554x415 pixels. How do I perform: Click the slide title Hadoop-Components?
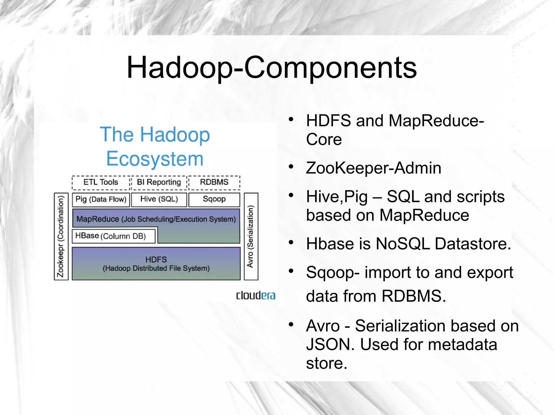pyautogui.click(x=272, y=68)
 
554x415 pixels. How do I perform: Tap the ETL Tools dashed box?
pyautogui.click(x=101, y=182)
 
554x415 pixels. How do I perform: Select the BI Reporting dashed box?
pyautogui.click(x=159, y=182)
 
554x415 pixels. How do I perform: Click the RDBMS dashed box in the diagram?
pyautogui.click(x=214, y=182)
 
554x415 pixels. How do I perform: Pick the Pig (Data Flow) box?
pyautogui.click(x=101, y=200)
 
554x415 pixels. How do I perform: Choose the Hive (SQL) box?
pyautogui.click(x=159, y=200)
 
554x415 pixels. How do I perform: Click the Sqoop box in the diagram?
pyautogui.click(x=214, y=200)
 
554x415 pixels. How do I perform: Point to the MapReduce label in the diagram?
pyautogui.click(x=98, y=219)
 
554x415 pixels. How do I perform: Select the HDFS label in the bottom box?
pyautogui.click(x=156, y=260)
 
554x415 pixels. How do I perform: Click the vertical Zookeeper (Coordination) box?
pyautogui.click(x=61, y=237)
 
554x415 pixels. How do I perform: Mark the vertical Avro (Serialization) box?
pyautogui.click(x=251, y=237)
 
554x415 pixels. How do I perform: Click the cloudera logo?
pyautogui.click(x=256, y=295)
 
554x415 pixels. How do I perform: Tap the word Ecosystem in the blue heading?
pyautogui.click(x=155, y=159)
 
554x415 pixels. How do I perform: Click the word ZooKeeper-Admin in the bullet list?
pyautogui.click(x=373, y=168)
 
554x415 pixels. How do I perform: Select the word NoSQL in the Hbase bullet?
pyautogui.click(x=403, y=244)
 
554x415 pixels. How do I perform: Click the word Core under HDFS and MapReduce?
pyautogui.click(x=324, y=140)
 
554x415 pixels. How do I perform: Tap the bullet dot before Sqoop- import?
pyautogui.click(x=291, y=271)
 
